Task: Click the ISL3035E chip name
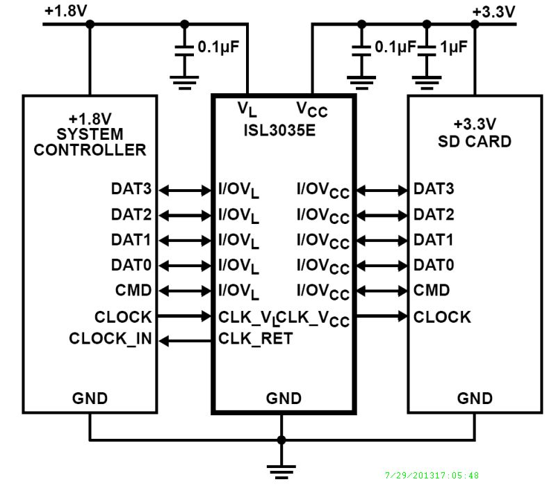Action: [282, 130]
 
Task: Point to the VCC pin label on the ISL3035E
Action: [312, 110]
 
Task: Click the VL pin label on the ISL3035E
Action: [247, 110]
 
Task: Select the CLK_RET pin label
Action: [255, 339]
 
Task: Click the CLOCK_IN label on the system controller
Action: [110, 339]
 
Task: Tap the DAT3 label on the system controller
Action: [131, 188]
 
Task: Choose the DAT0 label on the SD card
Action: [434, 264]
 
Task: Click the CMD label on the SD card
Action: [432, 290]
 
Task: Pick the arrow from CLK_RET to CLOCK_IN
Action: [184, 340]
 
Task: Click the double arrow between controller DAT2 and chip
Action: [184, 214]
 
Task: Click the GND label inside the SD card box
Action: [475, 399]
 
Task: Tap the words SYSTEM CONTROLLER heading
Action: [90, 141]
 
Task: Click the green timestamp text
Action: [431, 476]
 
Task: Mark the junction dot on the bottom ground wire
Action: [281, 440]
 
